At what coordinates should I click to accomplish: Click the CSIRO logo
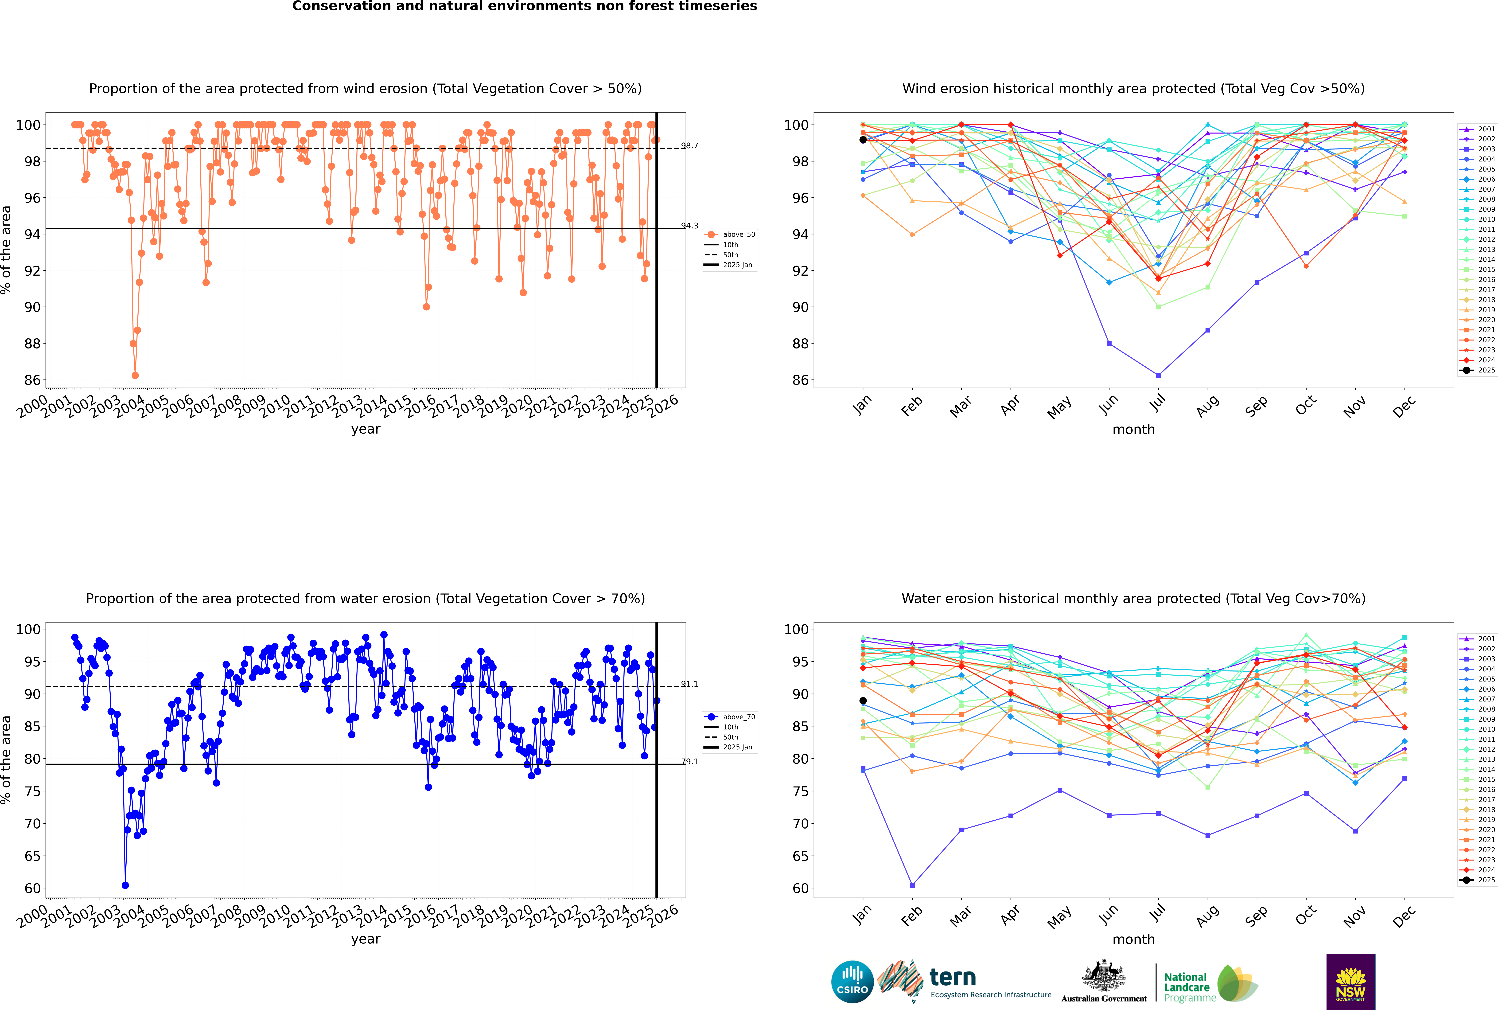[x=852, y=982]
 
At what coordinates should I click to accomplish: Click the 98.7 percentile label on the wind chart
[x=690, y=146]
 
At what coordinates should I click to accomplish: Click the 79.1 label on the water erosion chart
[x=690, y=761]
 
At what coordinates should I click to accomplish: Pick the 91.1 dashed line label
[x=690, y=684]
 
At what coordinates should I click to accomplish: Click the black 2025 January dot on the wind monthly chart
[x=863, y=140]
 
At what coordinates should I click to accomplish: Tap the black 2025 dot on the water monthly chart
[x=863, y=701]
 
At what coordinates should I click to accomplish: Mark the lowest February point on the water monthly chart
[x=912, y=885]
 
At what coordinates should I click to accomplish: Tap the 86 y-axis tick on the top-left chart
[x=32, y=380]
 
